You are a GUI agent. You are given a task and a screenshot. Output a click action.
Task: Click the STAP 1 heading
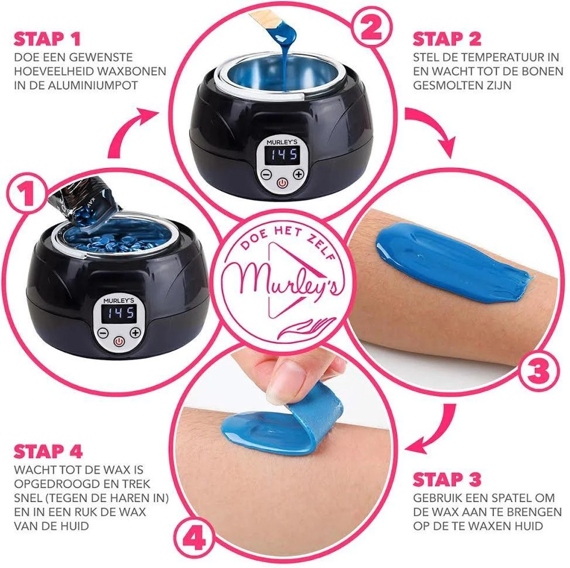[47, 39]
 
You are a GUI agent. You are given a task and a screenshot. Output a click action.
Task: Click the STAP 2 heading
[447, 39]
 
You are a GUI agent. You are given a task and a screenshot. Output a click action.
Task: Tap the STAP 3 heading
[447, 479]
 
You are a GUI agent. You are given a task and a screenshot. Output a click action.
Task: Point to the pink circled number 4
[196, 539]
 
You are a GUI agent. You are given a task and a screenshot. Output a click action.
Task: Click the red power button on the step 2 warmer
[282, 182]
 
